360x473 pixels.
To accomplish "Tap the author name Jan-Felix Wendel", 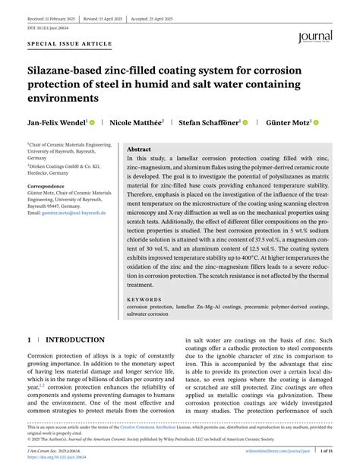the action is coord(56,121).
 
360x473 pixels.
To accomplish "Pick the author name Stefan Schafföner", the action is coord(209,121).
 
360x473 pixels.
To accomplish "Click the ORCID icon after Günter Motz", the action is coord(316,121).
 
